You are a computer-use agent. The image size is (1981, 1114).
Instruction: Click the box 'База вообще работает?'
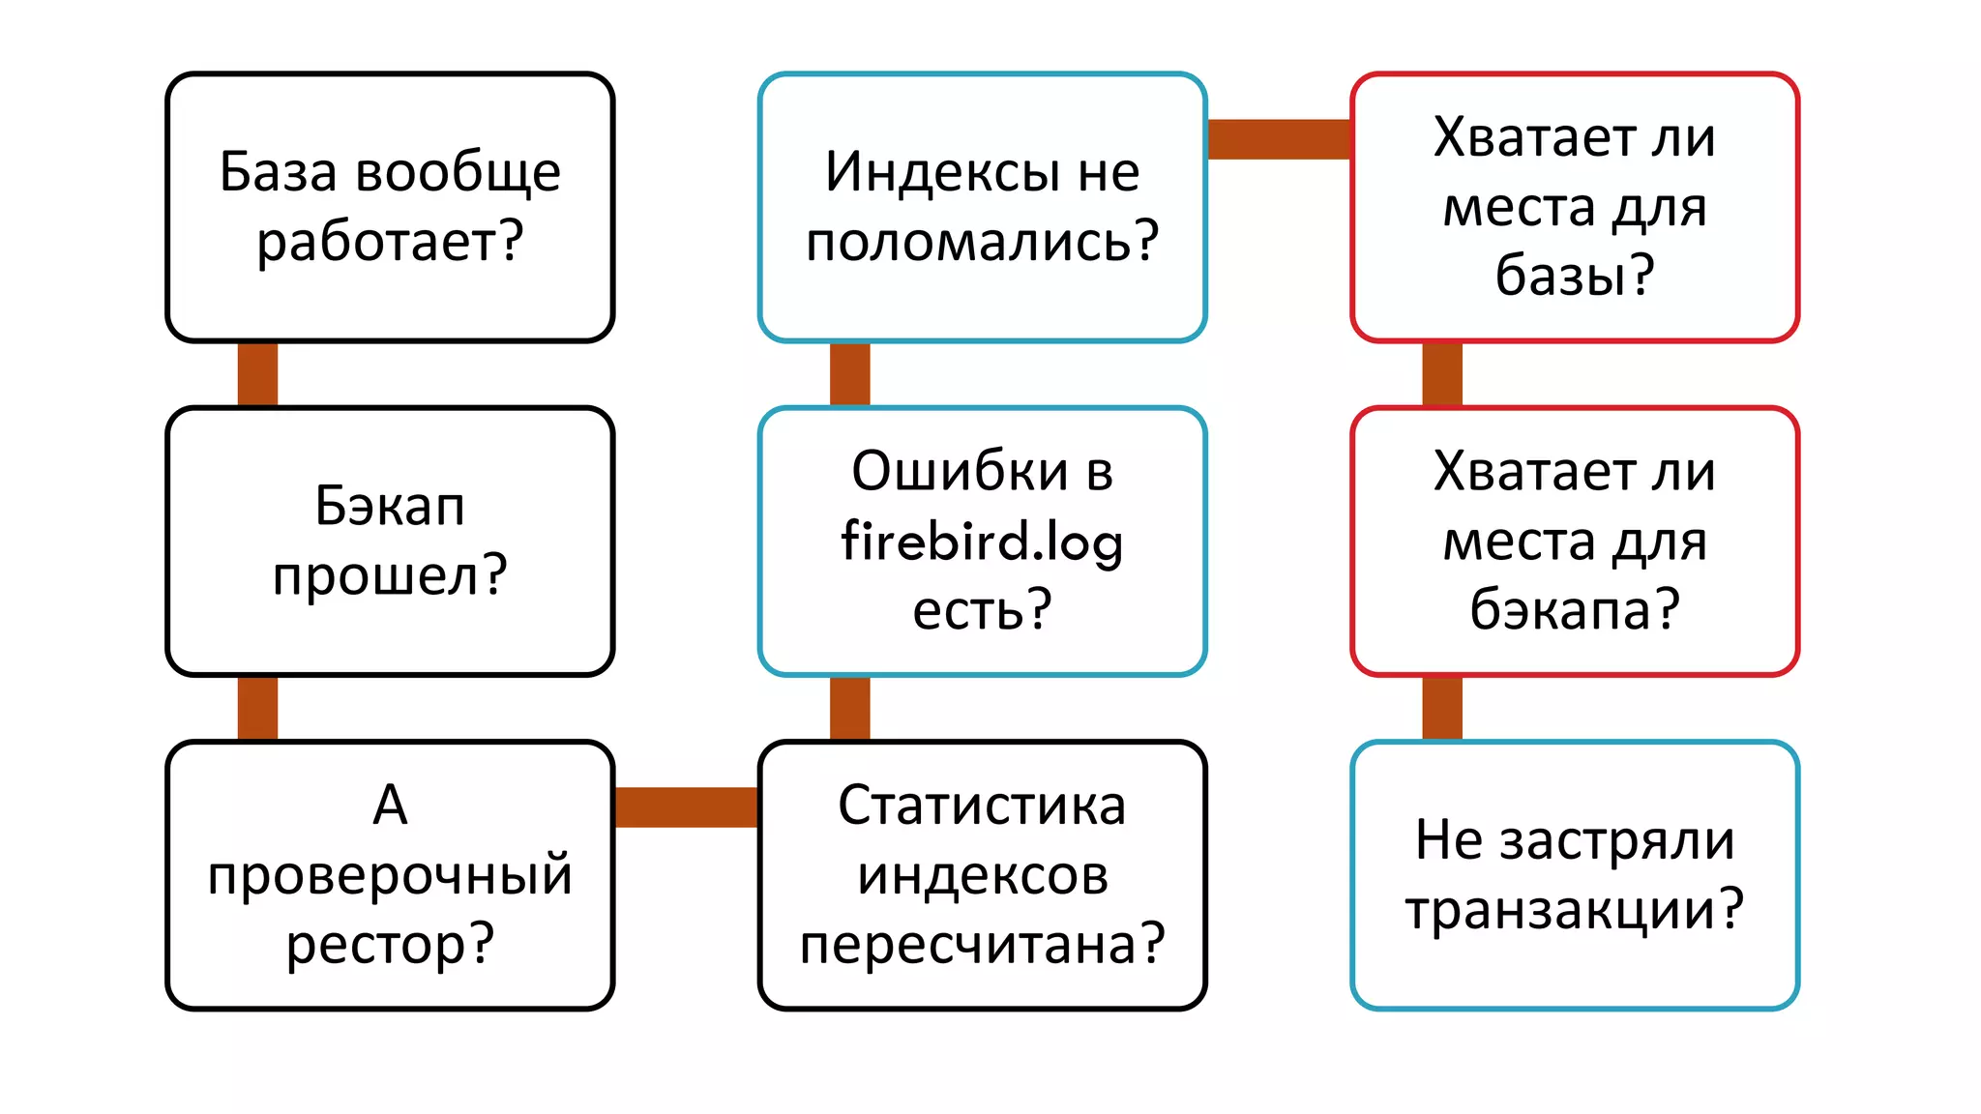tap(390, 207)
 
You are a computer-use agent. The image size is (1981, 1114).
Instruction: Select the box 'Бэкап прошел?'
tap(390, 541)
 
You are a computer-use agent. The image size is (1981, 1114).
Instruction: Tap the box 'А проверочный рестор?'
tap(390, 875)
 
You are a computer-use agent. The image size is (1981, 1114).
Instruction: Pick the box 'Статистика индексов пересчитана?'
tap(982, 875)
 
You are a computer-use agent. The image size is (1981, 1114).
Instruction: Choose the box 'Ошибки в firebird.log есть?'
tap(982, 541)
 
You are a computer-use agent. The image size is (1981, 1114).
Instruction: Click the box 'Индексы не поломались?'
tap(982, 207)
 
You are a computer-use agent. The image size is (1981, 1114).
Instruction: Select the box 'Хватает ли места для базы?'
tap(1574, 207)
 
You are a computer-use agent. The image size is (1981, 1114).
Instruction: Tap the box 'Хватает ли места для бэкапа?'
tap(1574, 541)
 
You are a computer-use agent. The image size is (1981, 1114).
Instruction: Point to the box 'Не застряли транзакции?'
tap(1574, 875)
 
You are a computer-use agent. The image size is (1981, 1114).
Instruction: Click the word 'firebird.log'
tap(982, 541)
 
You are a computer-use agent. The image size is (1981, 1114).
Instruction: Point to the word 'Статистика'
tap(982, 806)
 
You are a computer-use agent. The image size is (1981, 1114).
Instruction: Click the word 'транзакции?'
tap(1574, 910)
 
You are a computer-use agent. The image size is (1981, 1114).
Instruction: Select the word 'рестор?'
tap(390, 944)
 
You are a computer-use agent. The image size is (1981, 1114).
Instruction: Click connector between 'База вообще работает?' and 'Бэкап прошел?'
tap(257, 374)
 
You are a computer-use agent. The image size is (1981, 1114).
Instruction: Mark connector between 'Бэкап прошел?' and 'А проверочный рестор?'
tap(257, 708)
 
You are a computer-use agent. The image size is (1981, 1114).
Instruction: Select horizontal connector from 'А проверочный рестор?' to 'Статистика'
tap(686, 806)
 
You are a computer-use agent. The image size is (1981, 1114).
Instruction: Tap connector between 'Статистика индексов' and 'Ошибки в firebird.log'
tap(849, 708)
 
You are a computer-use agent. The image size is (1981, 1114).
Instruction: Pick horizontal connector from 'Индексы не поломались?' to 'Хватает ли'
tap(1278, 139)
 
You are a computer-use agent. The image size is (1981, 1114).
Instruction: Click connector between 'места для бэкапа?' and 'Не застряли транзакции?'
tap(1441, 708)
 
